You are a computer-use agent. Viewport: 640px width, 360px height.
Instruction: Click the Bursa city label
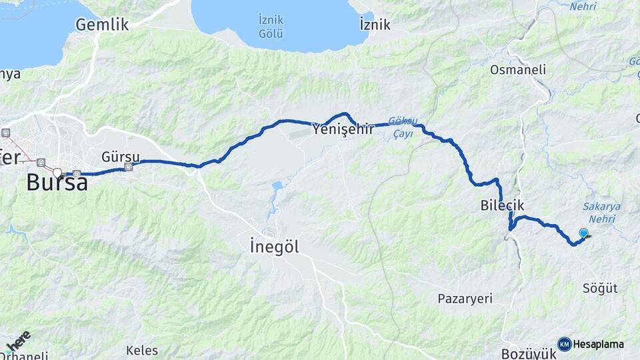click(57, 183)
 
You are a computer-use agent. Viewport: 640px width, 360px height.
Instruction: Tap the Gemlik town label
click(101, 25)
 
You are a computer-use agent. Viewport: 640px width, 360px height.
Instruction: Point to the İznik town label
click(375, 25)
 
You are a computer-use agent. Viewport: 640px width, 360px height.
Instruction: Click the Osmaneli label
click(518, 69)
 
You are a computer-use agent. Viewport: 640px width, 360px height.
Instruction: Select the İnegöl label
click(273, 247)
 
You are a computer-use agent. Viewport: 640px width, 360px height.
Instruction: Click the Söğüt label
click(600, 289)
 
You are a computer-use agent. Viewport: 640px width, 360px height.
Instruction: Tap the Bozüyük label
click(528, 353)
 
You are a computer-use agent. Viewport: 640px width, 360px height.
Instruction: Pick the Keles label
click(142, 350)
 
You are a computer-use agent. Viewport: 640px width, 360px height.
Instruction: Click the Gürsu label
click(121, 156)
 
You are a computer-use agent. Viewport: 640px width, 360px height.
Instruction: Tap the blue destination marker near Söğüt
click(584, 233)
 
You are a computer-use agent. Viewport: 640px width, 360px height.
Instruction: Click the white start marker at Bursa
click(57, 173)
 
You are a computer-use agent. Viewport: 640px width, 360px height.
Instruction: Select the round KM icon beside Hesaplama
click(564, 344)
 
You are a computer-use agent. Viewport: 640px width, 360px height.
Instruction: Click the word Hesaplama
click(598, 345)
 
